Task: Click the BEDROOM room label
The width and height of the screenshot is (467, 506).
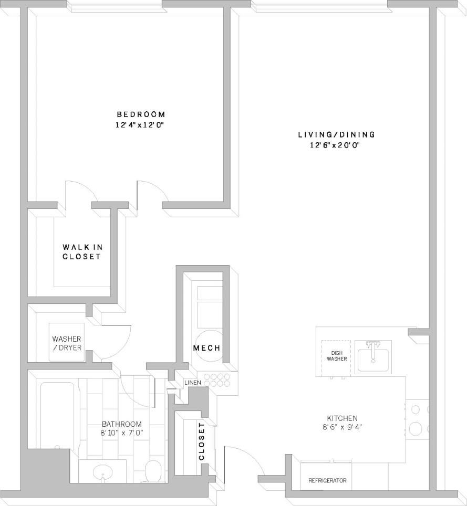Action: point(141,114)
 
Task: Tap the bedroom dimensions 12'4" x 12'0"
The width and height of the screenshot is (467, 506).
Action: point(141,125)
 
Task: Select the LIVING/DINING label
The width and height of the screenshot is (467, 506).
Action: point(336,135)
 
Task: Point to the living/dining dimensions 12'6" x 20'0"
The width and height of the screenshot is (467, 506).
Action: point(336,145)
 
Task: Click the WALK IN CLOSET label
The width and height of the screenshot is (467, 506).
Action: point(81,252)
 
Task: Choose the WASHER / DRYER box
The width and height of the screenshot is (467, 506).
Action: point(67,343)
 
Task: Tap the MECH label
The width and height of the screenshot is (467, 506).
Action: point(206,349)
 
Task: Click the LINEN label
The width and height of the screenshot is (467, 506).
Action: point(192,383)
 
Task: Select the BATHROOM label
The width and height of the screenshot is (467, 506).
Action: point(122,424)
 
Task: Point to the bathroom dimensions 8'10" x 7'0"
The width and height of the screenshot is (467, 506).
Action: point(122,433)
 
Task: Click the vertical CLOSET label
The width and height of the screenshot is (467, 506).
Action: point(201,441)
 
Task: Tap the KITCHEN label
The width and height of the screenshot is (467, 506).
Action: point(341,418)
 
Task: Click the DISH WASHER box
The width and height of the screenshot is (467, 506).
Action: point(336,356)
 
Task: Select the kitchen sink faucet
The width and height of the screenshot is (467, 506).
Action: point(373,347)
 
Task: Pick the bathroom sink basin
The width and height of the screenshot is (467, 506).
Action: point(102,472)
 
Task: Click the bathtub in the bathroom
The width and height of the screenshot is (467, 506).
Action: point(58,415)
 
